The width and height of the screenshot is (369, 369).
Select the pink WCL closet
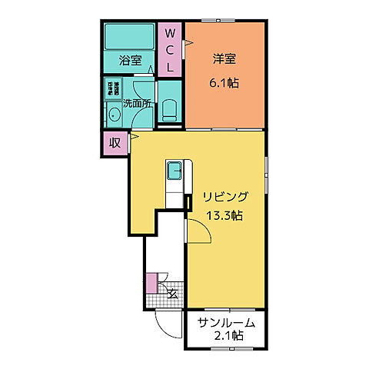click(x=171, y=49)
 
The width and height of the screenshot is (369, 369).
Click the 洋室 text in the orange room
click(x=223, y=59)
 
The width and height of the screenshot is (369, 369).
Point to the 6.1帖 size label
click(x=223, y=82)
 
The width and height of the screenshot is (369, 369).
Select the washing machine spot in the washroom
click(x=114, y=88)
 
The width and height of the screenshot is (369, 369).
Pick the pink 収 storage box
click(x=115, y=142)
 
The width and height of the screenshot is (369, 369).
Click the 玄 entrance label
click(x=172, y=294)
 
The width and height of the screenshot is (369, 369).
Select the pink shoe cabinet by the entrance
click(x=151, y=283)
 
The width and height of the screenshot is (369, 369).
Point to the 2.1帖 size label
click(x=228, y=336)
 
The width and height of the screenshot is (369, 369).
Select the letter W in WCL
click(x=171, y=33)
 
